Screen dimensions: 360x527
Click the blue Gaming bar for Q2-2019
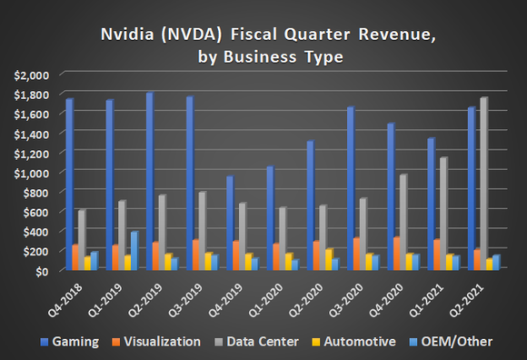point(149,181)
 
